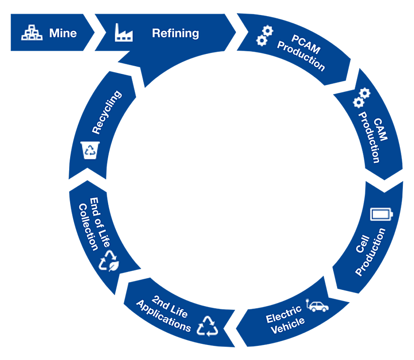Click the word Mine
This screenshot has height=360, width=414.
63,33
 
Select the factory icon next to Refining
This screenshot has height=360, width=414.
124,34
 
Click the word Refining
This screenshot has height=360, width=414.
175,33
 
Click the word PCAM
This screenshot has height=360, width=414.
305,43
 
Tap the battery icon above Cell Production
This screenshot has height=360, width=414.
381,214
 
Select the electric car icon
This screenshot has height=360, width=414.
318,306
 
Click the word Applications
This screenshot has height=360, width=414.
163,316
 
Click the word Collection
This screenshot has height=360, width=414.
89,226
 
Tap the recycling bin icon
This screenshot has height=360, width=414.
91,150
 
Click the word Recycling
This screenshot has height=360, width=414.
107,112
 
